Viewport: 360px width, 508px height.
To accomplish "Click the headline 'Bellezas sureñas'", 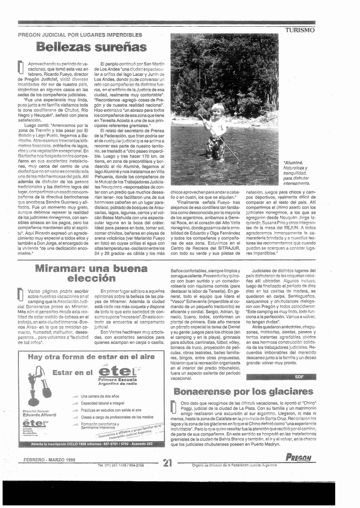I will pyautogui.click(x=92, y=48).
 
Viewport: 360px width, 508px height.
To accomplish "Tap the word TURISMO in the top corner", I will pyautogui.click(x=300, y=30).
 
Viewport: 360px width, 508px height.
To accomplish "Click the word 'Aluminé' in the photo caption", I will pyautogui.click(x=293, y=162).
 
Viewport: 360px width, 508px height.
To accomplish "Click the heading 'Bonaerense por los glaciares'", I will pyautogui.click(x=243, y=391).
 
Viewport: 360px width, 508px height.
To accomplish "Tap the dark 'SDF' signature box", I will pyautogui.click(x=299, y=377).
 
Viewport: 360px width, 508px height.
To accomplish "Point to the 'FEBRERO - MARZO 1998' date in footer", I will pyautogui.click(x=49, y=460).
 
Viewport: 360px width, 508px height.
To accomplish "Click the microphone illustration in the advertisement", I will pyautogui.click(x=38, y=385).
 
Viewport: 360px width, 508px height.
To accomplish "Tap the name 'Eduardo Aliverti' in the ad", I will pyautogui.click(x=39, y=415).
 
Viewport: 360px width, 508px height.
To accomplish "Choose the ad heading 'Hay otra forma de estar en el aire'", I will pyautogui.click(x=91, y=357).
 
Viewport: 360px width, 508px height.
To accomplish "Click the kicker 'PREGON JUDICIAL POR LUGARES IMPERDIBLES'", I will pyautogui.click(x=80, y=35).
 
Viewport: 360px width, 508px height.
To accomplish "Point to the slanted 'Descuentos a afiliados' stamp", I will pyautogui.click(x=130, y=432).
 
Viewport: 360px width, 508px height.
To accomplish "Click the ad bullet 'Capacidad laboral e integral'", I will pyautogui.click(x=103, y=403).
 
